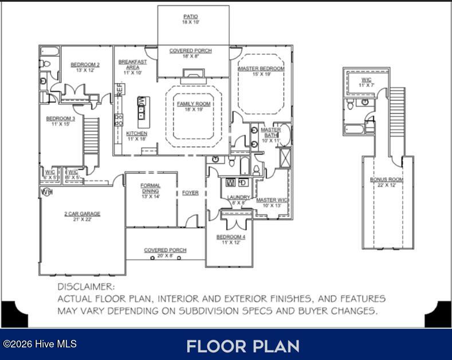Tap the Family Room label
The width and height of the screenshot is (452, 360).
(x=194, y=104)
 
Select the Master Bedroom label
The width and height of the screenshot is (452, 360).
(x=261, y=69)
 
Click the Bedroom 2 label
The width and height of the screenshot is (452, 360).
(x=85, y=65)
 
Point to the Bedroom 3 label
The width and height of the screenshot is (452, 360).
(x=61, y=119)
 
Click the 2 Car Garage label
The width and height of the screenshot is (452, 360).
(x=82, y=214)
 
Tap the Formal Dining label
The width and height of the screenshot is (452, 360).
(x=150, y=186)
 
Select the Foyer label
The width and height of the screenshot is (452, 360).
(x=190, y=193)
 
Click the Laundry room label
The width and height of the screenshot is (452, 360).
(x=238, y=197)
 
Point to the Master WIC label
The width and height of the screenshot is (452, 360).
(x=272, y=200)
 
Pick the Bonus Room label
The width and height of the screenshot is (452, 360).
(x=386, y=179)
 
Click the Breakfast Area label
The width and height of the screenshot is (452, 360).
(x=132, y=64)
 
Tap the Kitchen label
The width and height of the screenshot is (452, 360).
(x=136, y=134)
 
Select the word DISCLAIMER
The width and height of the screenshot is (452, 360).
(x=86, y=286)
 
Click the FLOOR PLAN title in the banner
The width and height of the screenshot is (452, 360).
(x=242, y=346)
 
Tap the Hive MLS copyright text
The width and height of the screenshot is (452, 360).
(x=40, y=344)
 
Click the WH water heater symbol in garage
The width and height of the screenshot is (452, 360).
(x=46, y=192)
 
